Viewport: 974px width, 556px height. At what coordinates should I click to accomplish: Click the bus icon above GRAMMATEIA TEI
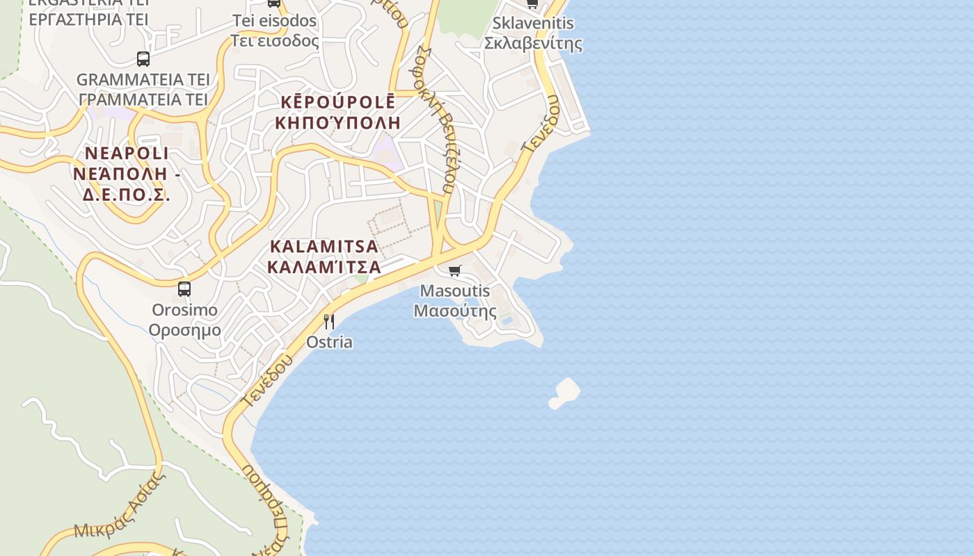pyautogui.click(x=143, y=59)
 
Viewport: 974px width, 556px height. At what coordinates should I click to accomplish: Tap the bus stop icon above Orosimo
pyautogui.click(x=184, y=288)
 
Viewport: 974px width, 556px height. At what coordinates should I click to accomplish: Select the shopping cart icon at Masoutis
pyautogui.click(x=454, y=270)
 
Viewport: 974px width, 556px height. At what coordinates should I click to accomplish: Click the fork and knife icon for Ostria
pyautogui.click(x=329, y=321)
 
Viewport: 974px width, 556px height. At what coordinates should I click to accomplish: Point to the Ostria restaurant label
pyautogui.click(x=329, y=342)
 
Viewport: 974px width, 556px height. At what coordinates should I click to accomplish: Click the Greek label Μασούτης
pyautogui.click(x=455, y=311)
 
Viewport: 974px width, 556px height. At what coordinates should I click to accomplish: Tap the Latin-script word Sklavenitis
pyautogui.click(x=533, y=23)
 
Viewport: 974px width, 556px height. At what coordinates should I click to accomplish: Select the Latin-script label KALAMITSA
pyautogui.click(x=324, y=246)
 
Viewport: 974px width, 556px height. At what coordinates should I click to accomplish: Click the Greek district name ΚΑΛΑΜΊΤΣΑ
pyautogui.click(x=324, y=267)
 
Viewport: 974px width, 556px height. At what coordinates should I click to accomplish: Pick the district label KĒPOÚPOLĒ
pyautogui.click(x=338, y=101)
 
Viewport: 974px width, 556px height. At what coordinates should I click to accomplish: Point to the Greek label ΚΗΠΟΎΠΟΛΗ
pyautogui.click(x=338, y=123)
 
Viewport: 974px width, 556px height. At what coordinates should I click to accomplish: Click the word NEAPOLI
pyautogui.click(x=127, y=153)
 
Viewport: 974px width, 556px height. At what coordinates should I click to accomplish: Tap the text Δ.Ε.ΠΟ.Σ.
pyautogui.click(x=127, y=195)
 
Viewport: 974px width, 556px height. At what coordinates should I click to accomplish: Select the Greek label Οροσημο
pyautogui.click(x=185, y=329)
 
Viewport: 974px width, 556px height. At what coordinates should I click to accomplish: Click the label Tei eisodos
pyautogui.click(x=274, y=21)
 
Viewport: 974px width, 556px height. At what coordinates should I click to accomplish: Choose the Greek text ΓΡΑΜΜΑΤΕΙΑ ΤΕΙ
pyautogui.click(x=143, y=99)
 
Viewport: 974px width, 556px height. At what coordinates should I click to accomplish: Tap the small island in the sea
pyautogui.click(x=565, y=393)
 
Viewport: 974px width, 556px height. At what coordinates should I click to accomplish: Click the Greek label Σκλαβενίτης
pyautogui.click(x=533, y=43)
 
